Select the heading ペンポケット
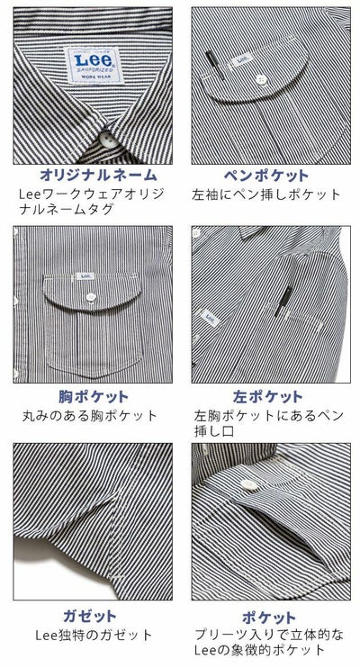[265, 175]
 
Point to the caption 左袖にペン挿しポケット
[267, 194]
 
